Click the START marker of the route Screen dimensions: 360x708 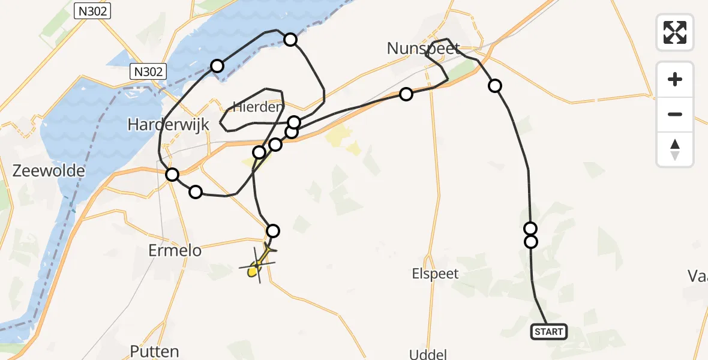coord(548,332)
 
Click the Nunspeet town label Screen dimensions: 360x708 coord(424,49)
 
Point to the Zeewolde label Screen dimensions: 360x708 coord(49,172)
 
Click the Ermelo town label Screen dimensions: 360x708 coord(175,250)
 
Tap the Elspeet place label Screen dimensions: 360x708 coord(435,274)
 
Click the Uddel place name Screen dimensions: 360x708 coord(427,354)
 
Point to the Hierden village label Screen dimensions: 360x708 coord(258,107)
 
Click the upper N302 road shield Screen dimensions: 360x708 coord(93,10)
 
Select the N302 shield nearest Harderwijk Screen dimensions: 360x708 coord(148,72)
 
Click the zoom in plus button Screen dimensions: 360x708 coord(675,79)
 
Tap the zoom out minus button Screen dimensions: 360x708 coord(675,114)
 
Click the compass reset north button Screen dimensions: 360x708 coord(675,149)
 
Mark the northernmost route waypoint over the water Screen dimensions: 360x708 coord(290,40)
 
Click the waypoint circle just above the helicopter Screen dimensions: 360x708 coord(273,230)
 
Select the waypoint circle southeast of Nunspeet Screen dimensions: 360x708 coord(494,86)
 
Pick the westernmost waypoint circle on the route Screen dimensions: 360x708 coord(172,175)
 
